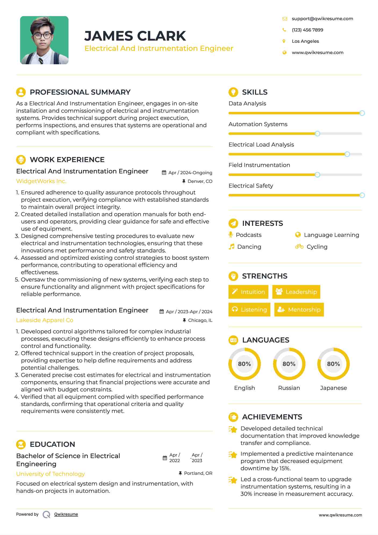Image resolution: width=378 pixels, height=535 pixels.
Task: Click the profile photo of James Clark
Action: click(x=44, y=40)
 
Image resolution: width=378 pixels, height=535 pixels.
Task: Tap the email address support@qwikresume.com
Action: click(x=322, y=19)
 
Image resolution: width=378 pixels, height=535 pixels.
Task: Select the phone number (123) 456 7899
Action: click(x=307, y=30)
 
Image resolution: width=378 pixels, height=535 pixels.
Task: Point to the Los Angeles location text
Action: click(x=305, y=41)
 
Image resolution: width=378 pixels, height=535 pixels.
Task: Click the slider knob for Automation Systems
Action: click(x=317, y=134)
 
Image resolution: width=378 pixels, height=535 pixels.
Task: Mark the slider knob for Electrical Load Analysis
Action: click(x=347, y=154)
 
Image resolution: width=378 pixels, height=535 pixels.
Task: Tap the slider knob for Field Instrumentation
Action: click(x=317, y=175)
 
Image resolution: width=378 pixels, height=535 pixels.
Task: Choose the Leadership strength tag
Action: click(x=296, y=292)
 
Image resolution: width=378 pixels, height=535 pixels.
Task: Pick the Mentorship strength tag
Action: click(x=299, y=309)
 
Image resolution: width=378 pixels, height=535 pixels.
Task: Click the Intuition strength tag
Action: click(x=248, y=292)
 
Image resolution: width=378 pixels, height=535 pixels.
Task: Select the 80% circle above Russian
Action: click(x=289, y=364)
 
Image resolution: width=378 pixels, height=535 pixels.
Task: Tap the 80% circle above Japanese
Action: click(x=333, y=364)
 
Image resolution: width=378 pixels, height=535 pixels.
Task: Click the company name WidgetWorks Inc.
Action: click(x=41, y=181)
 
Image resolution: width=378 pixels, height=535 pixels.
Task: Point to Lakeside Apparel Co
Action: click(x=45, y=320)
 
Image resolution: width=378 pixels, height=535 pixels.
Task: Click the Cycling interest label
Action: click(x=317, y=247)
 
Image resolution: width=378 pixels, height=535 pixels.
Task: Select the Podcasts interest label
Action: click(x=249, y=235)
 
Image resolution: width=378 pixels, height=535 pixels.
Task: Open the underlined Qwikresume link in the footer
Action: click(x=66, y=514)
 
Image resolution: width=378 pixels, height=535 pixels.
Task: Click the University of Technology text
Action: click(x=51, y=474)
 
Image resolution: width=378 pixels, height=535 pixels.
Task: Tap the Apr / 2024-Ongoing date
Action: click(x=190, y=173)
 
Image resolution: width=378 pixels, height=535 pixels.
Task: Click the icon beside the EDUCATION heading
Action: click(x=21, y=444)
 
